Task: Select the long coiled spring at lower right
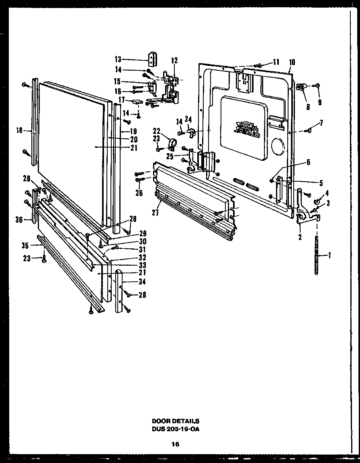[317, 255]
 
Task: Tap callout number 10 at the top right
[292, 62]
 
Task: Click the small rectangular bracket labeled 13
[152, 59]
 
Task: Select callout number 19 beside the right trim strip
[134, 131]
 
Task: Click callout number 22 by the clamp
[156, 130]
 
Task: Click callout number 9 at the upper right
[320, 102]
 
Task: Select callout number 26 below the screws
[139, 193]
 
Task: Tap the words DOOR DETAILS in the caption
[175, 421]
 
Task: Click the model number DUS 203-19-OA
[175, 428]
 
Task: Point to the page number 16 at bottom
[175, 444]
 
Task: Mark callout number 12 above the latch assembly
[174, 61]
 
